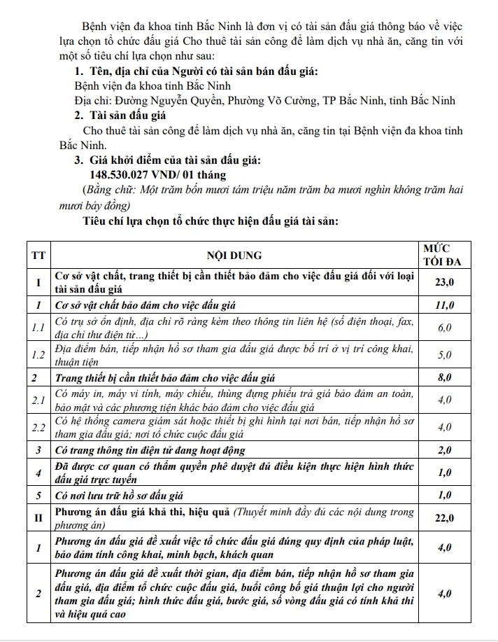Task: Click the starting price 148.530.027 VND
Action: click(x=159, y=174)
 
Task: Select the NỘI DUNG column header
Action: click(x=234, y=256)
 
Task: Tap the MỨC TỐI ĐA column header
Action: click(x=445, y=255)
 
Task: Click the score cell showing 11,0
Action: click(x=445, y=305)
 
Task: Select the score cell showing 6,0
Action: click(x=445, y=328)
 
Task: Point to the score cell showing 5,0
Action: click(x=445, y=355)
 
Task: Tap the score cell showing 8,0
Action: click(x=445, y=377)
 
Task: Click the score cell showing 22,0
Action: click(x=445, y=518)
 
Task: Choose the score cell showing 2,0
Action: click(x=445, y=449)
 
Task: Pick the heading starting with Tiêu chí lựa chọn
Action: click(x=211, y=221)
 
